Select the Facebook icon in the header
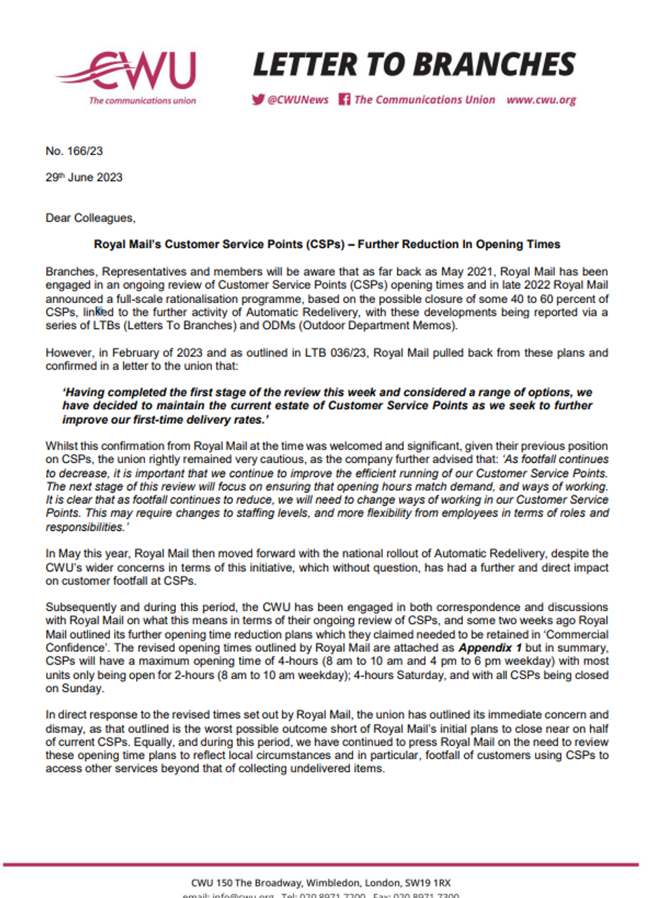[344, 100]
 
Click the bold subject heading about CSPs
[327, 245]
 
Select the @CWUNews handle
[297, 100]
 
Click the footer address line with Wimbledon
[326, 882]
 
